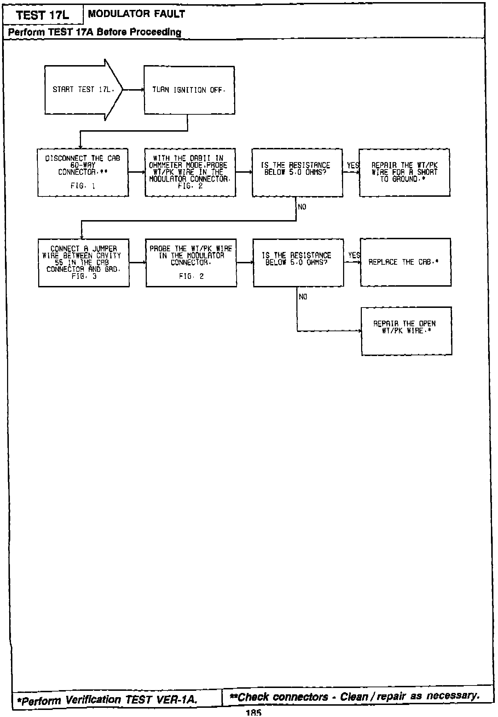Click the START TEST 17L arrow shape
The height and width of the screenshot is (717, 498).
(83, 90)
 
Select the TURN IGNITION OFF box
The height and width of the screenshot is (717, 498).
(189, 90)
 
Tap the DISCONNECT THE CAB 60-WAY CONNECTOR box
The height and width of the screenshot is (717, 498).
(83, 172)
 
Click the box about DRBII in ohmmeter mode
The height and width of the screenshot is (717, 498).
(190, 172)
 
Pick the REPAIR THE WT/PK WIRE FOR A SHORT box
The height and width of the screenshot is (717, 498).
(404, 172)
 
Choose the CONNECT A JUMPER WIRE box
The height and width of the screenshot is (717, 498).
(84, 263)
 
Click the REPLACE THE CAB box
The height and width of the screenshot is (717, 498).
(405, 262)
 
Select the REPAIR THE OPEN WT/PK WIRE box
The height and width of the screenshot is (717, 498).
(406, 331)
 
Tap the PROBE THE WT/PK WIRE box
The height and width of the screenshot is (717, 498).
(191, 263)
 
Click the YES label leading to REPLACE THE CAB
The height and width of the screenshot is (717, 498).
(354, 255)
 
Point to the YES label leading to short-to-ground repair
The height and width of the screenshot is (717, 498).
(353, 165)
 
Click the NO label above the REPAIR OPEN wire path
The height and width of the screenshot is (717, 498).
(303, 297)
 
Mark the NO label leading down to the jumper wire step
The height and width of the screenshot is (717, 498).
(302, 207)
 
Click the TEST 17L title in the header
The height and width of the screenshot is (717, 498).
(43, 15)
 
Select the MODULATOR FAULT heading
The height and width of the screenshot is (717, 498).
(137, 14)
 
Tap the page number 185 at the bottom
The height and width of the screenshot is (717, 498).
(253, 713)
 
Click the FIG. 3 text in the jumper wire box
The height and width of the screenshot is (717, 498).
(84, 277)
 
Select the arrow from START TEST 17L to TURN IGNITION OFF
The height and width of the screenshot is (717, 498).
(133, 90)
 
